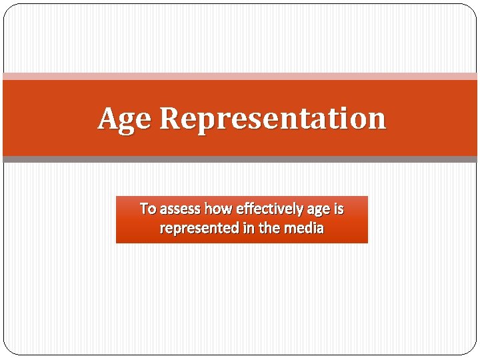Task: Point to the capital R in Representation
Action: pos(171,119)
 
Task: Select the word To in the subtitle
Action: pos(147,209)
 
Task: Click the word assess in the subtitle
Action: pos(180,209)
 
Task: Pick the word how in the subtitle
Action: pos(217,209)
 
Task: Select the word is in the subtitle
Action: pos(339,209)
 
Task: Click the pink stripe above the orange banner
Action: pos(240,77)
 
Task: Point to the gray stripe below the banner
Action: pos(240,159)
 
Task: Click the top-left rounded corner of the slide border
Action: pos(8,9)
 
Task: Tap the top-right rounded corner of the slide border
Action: pos(472,9)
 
